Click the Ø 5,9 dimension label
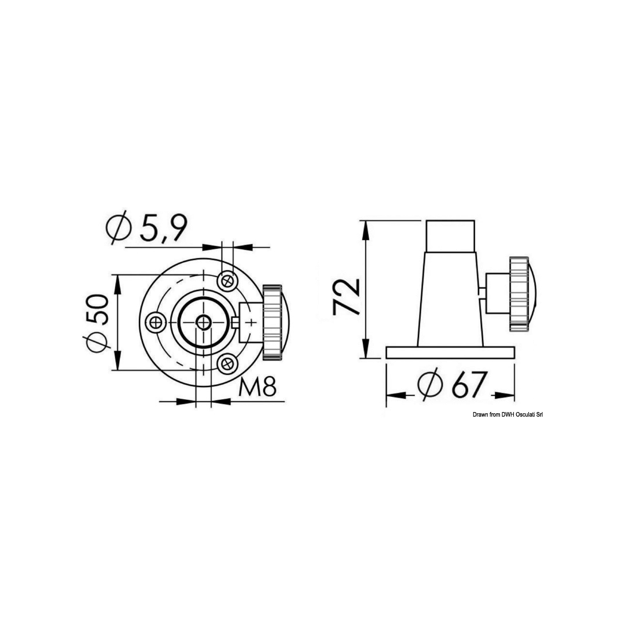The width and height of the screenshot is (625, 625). click(146, 227)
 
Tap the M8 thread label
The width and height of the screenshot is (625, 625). click(257, 386)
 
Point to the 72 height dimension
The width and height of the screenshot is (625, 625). click(346, 296)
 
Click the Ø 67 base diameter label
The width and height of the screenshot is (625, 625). click(453, 385)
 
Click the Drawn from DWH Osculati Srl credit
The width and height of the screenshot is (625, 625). click(508, 414)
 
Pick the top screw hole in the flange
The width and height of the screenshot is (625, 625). click(227, 281)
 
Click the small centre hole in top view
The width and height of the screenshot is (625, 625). click(204, 322)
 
